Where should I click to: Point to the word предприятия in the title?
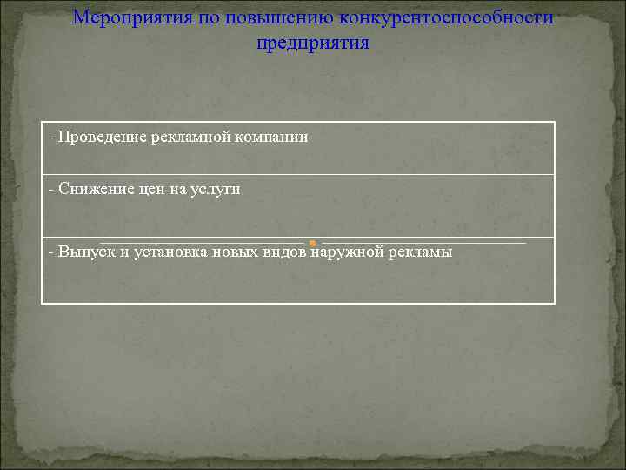(x=313, y=43)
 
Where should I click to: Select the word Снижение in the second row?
(x=91, y=189)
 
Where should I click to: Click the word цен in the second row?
(x=151, y=189)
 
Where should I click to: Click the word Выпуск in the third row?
(x=86, y=252)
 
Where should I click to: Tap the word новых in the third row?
(x=235, y=252)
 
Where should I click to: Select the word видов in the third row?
(x=284, y=252)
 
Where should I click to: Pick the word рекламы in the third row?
(x=419, y=252)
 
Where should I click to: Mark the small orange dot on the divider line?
(x=313, y=242)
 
